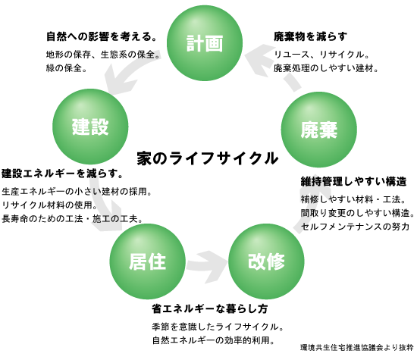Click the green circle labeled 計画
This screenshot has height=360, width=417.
tap(205, 42)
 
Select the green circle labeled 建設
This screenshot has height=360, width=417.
tap(90, 127)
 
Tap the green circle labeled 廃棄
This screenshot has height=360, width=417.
tap(319, 130)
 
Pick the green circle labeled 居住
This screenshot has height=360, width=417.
tap(148, 261)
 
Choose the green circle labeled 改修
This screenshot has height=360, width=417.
tap(266, 261)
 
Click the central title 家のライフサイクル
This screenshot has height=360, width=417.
tap(208, 158)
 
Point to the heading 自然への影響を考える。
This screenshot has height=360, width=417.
tap(102, 36)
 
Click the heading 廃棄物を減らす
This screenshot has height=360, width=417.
tap(310, 36)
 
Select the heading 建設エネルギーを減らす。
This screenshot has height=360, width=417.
tap(62, 174)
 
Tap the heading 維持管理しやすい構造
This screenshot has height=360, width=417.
tap(354, 182)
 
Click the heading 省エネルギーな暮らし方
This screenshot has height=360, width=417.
tap(210, 309)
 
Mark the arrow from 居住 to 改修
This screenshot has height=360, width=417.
tap(207, 267)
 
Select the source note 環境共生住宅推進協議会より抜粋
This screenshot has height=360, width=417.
tap(357, 347)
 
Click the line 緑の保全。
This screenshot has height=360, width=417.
tap(67, 68)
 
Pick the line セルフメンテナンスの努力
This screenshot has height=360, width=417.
tap(355, 227)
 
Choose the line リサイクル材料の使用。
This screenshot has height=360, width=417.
tap(50, 205)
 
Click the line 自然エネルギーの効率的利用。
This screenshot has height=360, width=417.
tap(214, 340)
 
